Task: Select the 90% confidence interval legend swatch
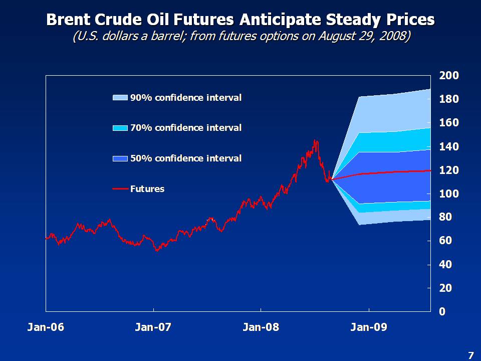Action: pyautogui.click(x=121, y=98)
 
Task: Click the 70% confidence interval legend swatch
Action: pyautogui.click(x=121, y=128)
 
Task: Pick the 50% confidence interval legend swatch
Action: pyautogui.click(x=121, y=158)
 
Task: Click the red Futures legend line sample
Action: pyautogui.click(x=121, y=189)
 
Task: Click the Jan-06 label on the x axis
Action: pyautogui.click(x=46, y=327)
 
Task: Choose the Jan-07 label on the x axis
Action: pyautogui.click(x=153, y=327)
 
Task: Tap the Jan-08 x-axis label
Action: pyautogui.click(x=261, y=327)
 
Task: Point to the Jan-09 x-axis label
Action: pyautogui.click(x=369, y=327)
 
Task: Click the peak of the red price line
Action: pyautogui.click(x=315, y=141)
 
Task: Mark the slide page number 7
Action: pyautogui.click(x=470, y=355)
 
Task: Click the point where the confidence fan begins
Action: pyautogui.click(x=331, y=179)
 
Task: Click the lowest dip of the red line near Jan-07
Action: pyautogui.click(x=157, y=250)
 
